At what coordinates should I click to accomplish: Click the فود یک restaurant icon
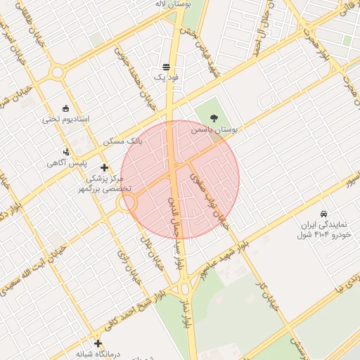pos(166,67)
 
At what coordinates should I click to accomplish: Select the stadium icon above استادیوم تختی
pos(65,108)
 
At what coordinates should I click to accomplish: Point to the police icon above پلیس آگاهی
pos(66,151)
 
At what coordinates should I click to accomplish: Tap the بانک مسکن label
pos(122,141)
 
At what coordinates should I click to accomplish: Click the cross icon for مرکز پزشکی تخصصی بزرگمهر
pos(104,167)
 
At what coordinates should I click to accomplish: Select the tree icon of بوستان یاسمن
pos(214,119)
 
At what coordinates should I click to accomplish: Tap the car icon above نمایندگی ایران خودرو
pos(323,213)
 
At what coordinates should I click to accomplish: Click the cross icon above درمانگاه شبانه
pos(98,343)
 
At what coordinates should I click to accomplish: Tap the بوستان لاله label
pos(173,4)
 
